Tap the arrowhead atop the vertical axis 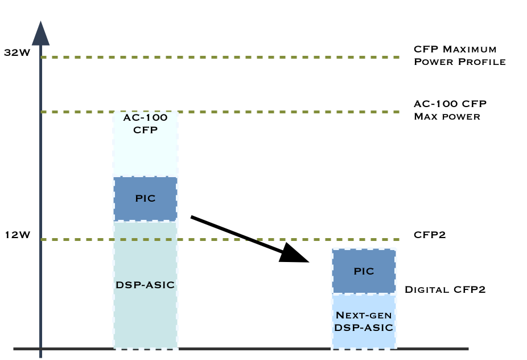[40, 34]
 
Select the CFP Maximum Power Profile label [459, 56]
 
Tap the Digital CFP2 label [444, 289]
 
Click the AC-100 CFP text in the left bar [145, 124]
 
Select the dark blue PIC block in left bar [145, 199]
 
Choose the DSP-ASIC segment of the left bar [145, 284]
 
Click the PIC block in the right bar [364, 271]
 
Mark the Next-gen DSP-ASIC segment [364, 321]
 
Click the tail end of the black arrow [192, 217]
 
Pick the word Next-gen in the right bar [364, 315]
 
